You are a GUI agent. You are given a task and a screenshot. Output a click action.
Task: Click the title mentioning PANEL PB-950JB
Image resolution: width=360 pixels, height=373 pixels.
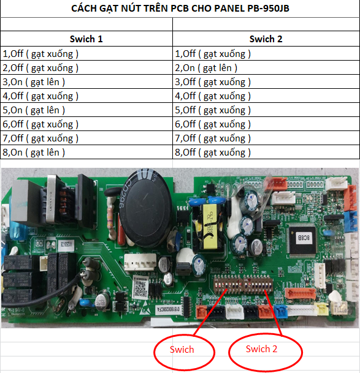[x=180, y=9]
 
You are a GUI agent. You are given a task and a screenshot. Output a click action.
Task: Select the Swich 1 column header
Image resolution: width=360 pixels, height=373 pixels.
[x=86, y=39]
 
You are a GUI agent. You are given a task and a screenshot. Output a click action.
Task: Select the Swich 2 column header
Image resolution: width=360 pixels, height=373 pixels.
[x=266, y=39]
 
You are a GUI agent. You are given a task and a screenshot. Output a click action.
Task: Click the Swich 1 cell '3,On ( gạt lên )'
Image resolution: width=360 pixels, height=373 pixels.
[x=34, y=82]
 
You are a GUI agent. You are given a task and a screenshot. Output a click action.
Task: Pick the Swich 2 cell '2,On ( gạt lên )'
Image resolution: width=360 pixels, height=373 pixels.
[x=206, y=68]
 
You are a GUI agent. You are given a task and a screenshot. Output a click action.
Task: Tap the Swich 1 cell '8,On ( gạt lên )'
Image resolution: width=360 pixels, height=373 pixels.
[x=34, y=153]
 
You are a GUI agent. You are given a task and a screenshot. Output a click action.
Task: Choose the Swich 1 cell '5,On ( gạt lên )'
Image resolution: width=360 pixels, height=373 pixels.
[x=34, y=110]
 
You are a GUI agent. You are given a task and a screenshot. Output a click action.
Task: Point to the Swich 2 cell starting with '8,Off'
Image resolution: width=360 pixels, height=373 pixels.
[x=213, y=153]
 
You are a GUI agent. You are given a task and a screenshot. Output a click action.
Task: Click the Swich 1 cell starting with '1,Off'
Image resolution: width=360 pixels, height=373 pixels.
[x=40, y=54]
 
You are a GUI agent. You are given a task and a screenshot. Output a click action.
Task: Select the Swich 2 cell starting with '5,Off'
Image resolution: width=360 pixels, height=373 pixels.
[x=213, y=110]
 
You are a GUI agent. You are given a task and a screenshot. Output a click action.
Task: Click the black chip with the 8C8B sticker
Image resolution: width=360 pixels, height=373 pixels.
[x=302, y=239]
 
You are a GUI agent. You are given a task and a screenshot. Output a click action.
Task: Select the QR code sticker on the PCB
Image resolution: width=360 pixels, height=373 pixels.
[x=140, y=288]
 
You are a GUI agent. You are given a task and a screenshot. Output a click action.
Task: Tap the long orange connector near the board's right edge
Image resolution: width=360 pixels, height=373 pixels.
[x=301, y=294]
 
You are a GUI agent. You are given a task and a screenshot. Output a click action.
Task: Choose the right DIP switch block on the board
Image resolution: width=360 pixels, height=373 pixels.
[x=258, y=284]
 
